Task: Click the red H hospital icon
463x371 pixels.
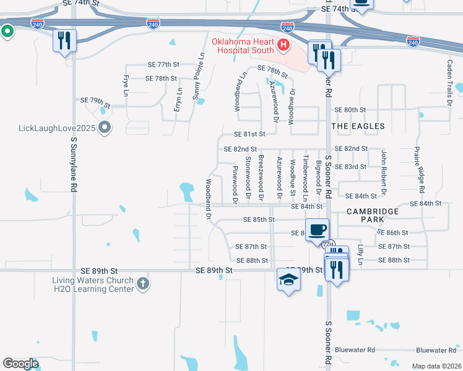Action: click(x=283, y=45)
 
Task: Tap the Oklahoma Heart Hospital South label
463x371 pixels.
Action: click(x=243, y=46)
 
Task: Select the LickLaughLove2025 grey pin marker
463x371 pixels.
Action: click(x=105, y=128)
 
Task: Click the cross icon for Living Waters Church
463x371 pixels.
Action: click(x=142, y=284)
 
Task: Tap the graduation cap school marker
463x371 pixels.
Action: click(x=288, y=279)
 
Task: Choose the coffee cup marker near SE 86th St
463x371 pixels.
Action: click(x=317, y=229)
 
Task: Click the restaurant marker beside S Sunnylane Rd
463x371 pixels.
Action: click(x=64, y=41)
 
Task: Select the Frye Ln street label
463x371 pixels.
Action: click(x=126, y=85)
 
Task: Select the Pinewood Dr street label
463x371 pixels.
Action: click(x=235, y=184)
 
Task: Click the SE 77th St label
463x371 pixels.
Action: click(x=163, y=64)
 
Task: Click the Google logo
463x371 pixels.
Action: click(x=21, y=364)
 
